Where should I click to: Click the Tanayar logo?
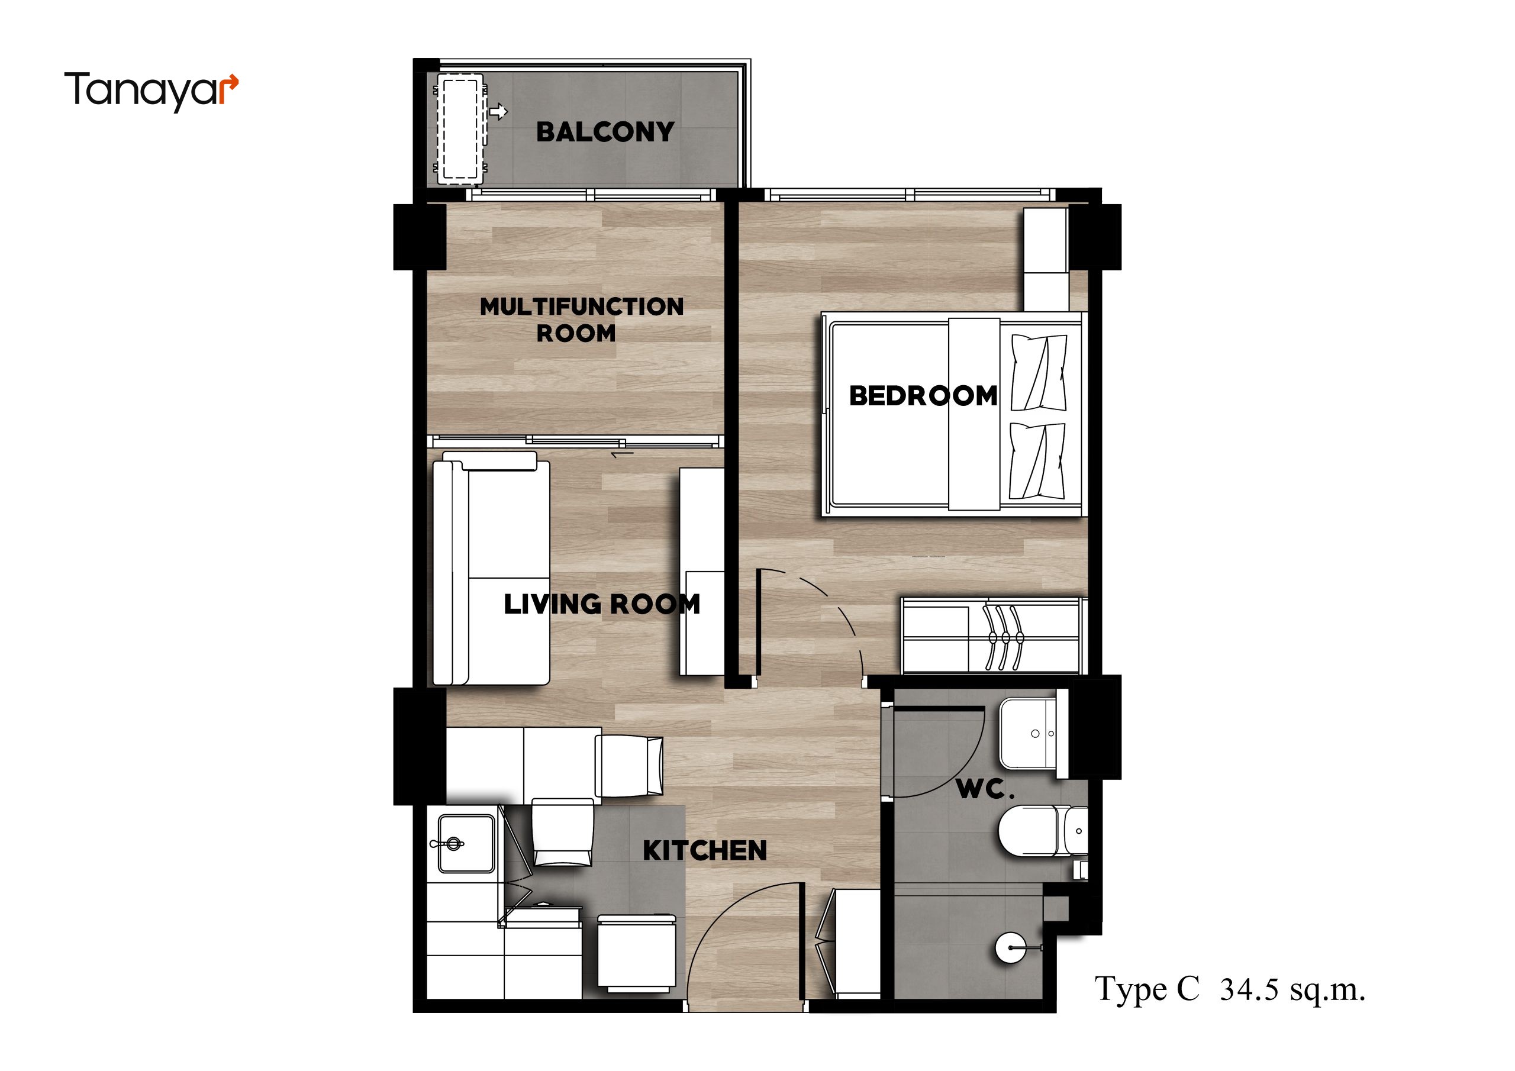click(151, 92)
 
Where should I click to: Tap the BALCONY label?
click(605, 132)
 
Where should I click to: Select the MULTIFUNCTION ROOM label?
click(581, 320)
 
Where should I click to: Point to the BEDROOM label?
click(923, 395)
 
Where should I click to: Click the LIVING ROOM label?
click(602, 604)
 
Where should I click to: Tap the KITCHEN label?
click(705, 851)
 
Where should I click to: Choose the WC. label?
click(985, 789)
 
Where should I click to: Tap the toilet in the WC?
click(1042, 831)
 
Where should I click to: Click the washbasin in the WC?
click(1034, 733)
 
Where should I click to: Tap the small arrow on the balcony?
click(499, 111)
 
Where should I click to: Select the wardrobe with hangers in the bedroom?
click(993, 637)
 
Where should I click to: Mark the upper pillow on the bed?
click(1039, 372)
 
